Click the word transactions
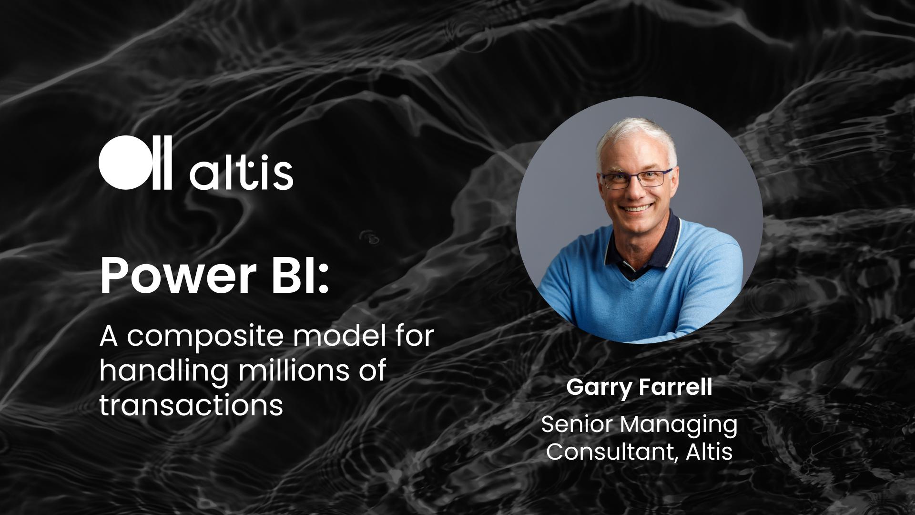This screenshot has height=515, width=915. [x=191, y=405]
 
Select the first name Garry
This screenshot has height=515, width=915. [x=600, y=388]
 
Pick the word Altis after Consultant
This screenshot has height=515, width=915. [x=710, y=451]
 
